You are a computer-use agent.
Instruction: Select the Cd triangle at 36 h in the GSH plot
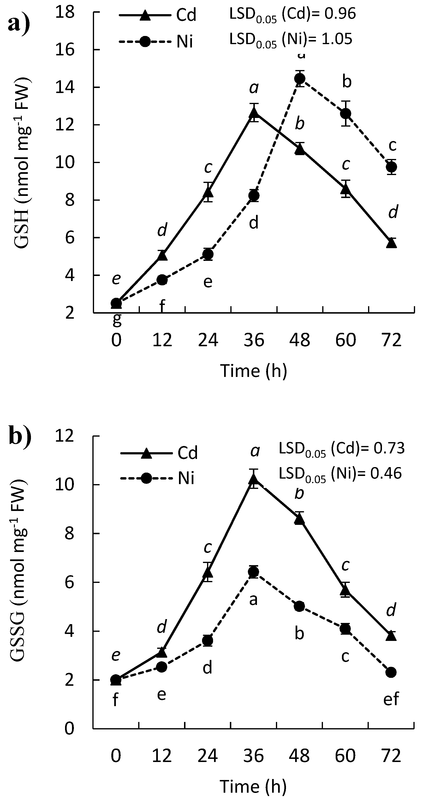pos(254,112)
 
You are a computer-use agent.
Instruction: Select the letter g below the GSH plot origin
pos(117,320)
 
